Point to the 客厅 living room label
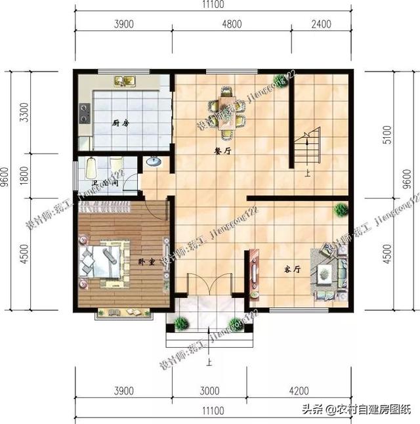tap(292, 270)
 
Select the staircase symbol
tap(306, 148)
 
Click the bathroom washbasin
tap(154, 161)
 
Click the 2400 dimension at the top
tap(322, 24)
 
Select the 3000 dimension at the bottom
tap(209, 391)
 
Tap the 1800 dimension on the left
tap(24, 176)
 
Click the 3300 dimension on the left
tap(24, 115)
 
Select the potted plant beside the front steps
tap(182, 323)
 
